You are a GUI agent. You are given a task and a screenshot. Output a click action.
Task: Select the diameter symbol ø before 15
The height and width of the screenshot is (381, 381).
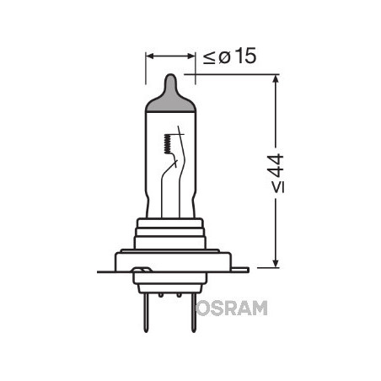223,57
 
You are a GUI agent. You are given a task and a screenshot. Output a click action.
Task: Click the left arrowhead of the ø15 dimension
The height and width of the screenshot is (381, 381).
151,57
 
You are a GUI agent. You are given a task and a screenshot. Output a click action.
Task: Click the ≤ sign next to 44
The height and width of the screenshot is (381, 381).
278,186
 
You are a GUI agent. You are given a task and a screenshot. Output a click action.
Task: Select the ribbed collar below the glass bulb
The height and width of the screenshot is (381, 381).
170,232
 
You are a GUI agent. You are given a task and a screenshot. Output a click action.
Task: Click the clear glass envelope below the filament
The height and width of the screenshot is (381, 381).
170,198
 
